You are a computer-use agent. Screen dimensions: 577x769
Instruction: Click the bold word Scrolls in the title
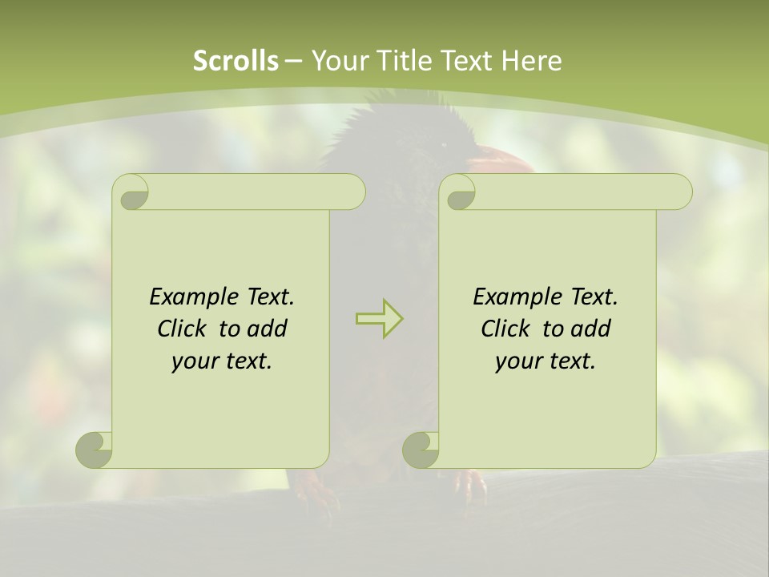tap(236, 61)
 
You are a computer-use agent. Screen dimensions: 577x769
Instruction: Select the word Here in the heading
tap(533, 61)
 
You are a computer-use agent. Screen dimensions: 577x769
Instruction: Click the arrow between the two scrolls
tap(379, 319)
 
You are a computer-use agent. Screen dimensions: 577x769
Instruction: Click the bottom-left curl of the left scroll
tap(95, 450)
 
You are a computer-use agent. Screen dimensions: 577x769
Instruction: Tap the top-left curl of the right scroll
tap(460, 192)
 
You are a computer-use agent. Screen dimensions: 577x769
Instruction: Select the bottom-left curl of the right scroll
tap(421, 450)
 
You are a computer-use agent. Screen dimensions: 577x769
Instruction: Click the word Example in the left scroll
tap(186, 297)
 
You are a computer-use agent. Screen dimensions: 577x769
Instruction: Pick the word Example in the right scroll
tap(509, 297)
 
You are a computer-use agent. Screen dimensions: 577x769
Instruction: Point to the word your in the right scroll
tap(518, 361)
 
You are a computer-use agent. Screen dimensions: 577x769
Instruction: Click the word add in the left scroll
tap(268, 329)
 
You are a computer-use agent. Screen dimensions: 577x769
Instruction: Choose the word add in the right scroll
tap(591, 329)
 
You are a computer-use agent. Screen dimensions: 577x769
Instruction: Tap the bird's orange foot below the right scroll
tap(471, 485)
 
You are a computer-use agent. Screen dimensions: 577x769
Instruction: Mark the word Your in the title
tap(337, 61)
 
